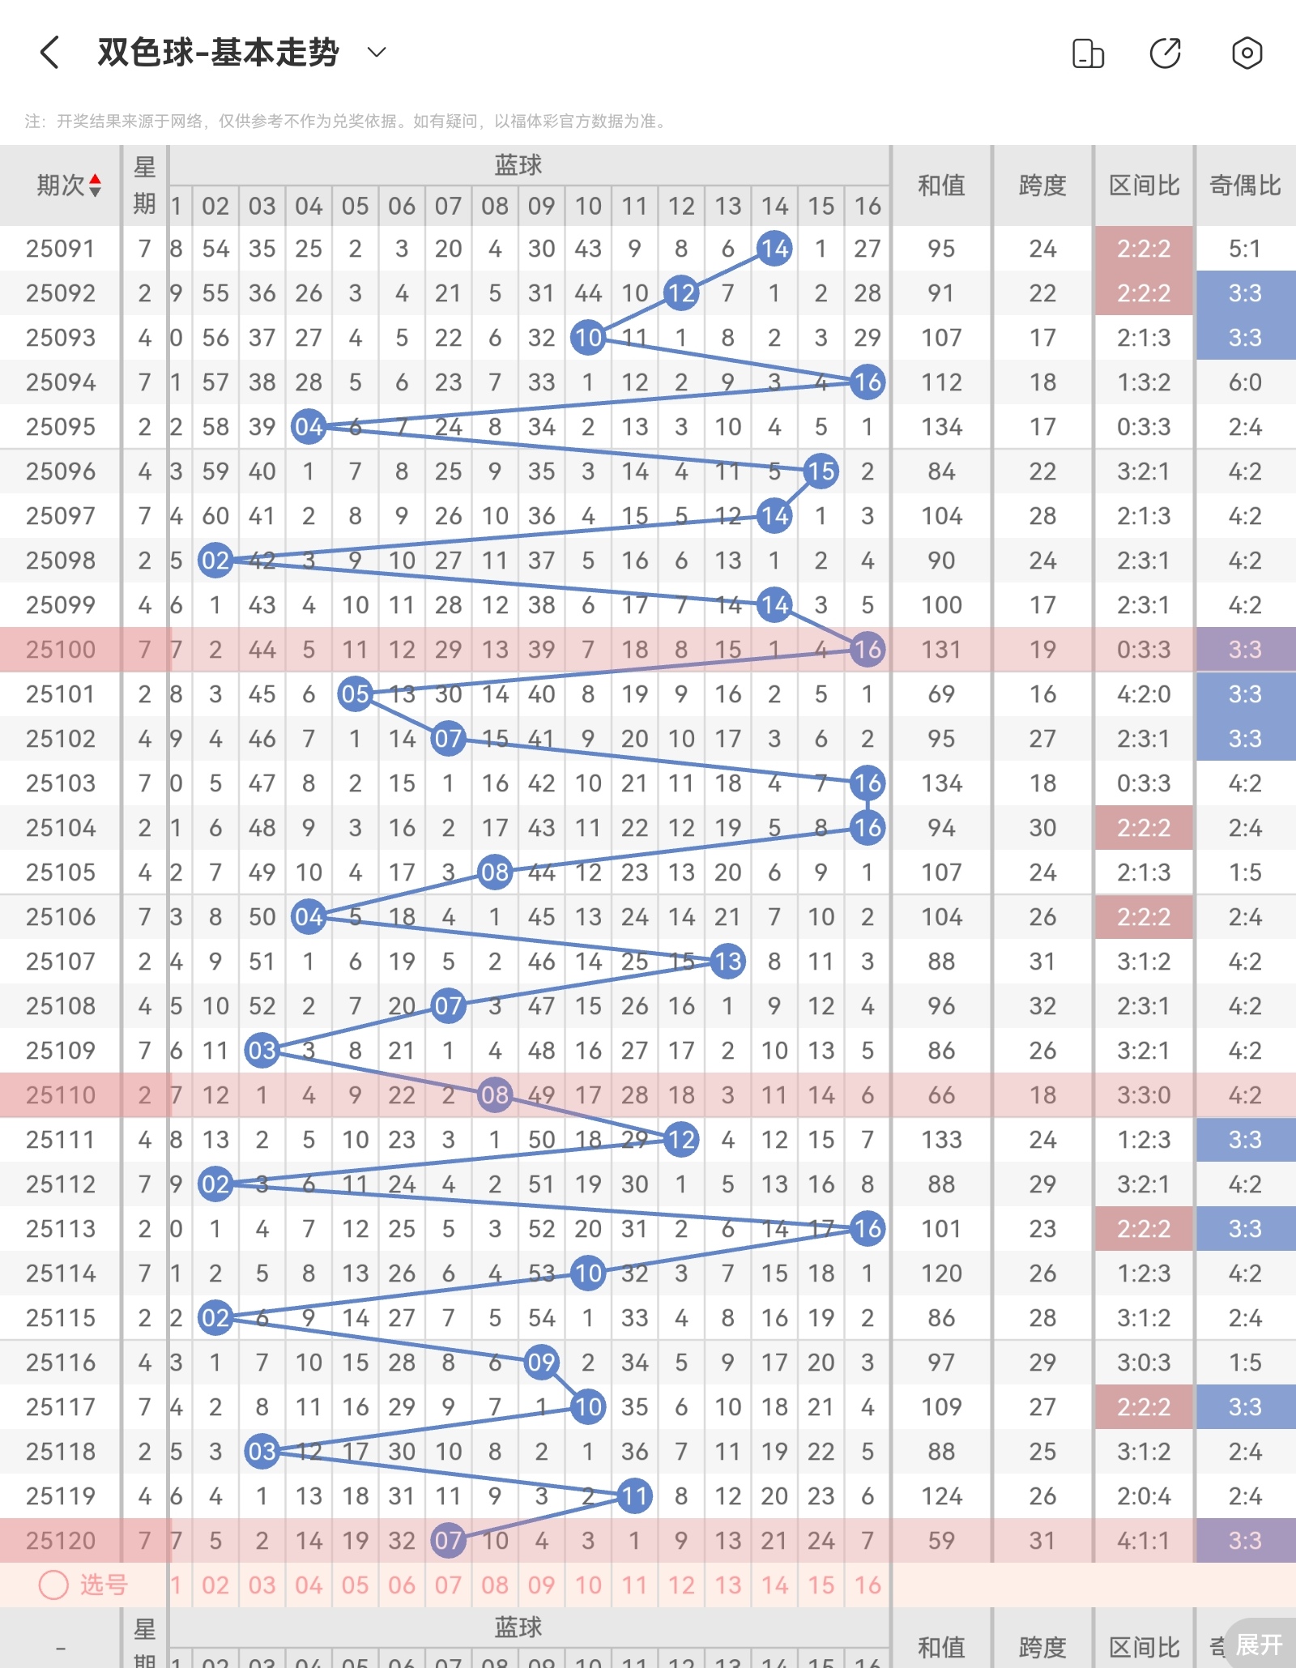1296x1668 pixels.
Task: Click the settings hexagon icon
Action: tap(1247, 53)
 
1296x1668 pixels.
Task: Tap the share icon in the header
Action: tap(1166, 53)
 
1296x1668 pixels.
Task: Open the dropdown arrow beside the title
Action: tap(377, 53)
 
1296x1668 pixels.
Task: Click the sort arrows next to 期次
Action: tap(96, 186)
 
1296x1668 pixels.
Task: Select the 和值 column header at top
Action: tap(941, 186)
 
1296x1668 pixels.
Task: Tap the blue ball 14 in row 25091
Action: tap(774, 249)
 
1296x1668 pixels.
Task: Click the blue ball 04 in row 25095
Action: tap(309, 427)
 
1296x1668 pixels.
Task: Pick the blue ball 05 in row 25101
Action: tap(355, 694)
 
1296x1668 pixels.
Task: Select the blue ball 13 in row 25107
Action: tap(727, 962)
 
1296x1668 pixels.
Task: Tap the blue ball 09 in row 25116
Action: tap(541, 1363)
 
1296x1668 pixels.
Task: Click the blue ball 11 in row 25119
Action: tap(634, 1496)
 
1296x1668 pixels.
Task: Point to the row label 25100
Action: tap(60, 650)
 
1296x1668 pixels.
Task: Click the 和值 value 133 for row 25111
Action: tap(941, 1140)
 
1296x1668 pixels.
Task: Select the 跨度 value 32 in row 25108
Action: tap(1042, 1006)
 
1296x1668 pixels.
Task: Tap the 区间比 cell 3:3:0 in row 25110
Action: tap(1144, 1095)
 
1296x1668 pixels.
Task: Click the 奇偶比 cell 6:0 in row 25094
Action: tap(1245, 382)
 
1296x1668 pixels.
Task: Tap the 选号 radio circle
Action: tap(53, 1585)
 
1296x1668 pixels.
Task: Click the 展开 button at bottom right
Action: tap(1259, 1645)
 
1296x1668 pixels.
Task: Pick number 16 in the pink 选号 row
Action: tap(868, 1585)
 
